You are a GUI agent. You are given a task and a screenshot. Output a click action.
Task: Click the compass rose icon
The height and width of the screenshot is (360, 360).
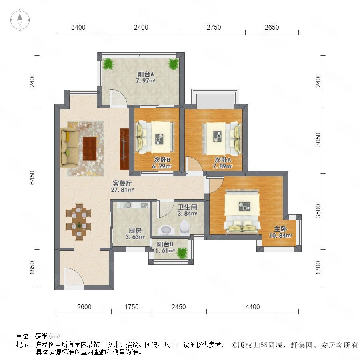(x=20, y=20)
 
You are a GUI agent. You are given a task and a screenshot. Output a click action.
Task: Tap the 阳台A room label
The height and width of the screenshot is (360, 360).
(x=146, y=74)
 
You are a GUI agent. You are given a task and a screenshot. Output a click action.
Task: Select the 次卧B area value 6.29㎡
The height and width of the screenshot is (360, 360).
(x=162, y=166)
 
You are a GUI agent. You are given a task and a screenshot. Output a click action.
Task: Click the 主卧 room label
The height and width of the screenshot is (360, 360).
(x=280, y=229)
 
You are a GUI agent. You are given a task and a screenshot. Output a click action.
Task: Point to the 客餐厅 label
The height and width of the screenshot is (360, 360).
(x=122, y=183)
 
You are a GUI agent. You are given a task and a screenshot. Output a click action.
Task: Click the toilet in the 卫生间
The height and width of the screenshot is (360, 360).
(x=185, y=227)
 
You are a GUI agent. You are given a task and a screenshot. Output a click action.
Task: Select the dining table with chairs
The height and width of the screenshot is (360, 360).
(x=78, y=222)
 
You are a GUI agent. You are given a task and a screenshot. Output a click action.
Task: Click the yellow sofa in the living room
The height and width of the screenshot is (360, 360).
(x=68, y=147)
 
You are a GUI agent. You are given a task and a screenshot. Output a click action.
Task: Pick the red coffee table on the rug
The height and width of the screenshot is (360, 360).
(x=90, y=148)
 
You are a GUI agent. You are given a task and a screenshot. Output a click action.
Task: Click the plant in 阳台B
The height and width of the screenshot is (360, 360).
(x=182, y=253)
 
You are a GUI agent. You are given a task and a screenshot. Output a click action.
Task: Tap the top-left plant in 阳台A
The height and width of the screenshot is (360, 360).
(x=108, y=64)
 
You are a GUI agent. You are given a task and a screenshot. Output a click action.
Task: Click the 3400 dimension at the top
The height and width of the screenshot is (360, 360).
(x=78, y=27)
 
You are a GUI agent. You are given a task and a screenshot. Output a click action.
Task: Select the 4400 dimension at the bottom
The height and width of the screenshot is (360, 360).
(x=252, y=307)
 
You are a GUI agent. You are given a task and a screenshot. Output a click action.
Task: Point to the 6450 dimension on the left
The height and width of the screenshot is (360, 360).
(x=32, y=178)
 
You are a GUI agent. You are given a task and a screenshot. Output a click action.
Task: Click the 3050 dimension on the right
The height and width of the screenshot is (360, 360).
(x=318, y=139)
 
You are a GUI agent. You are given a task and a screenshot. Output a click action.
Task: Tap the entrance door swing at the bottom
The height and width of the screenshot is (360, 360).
(x=74, y=277)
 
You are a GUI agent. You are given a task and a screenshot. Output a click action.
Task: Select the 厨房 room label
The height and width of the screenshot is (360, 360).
(x=135, y=230)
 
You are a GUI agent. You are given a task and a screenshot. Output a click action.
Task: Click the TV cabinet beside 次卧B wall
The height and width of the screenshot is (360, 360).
(x=124, y=149)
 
